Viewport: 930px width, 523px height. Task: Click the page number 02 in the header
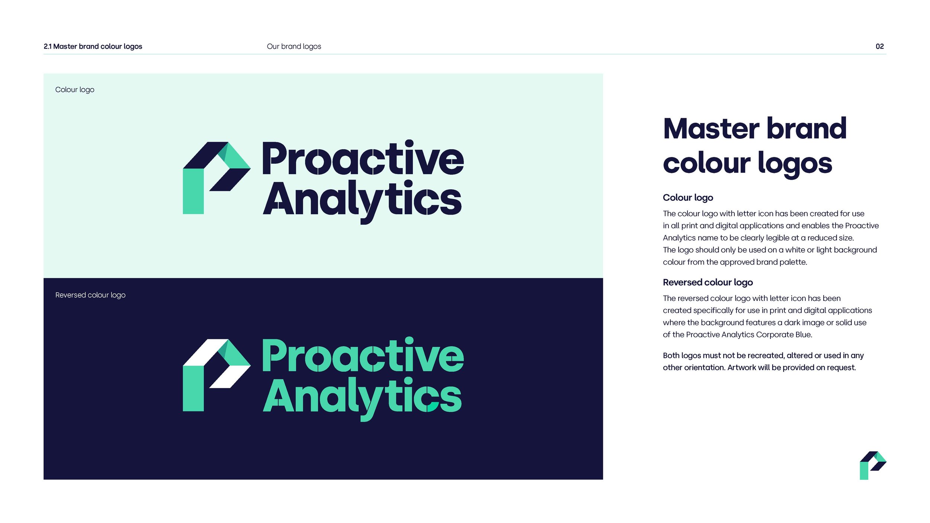[879, 46]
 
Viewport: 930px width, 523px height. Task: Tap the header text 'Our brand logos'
[294, 46]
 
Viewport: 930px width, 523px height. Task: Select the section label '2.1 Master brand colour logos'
[93, 46]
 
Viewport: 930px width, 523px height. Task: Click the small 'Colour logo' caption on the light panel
[75, 90]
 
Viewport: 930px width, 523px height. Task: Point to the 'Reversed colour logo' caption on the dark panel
[90, 295]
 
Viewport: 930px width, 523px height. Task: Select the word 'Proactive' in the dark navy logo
[363, 159]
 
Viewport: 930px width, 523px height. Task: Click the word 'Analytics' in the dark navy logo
[362, 200]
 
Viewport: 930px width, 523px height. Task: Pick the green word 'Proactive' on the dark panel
[363, 356]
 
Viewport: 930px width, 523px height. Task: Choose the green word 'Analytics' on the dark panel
[362, 397]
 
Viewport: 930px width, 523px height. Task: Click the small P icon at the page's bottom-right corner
[873, 465]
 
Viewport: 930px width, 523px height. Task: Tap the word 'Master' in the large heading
[711, 129]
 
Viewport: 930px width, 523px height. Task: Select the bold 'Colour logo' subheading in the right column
[688, 198]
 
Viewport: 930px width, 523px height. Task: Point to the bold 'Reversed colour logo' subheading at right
[708, 282]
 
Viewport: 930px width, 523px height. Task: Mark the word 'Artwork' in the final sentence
[741, 368]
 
